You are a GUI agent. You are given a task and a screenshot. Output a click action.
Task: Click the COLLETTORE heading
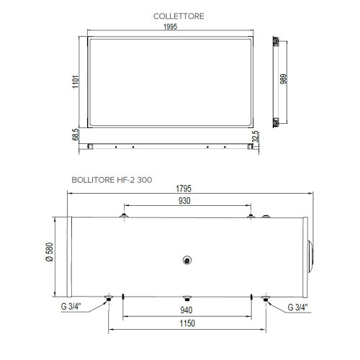(x=179, y=15)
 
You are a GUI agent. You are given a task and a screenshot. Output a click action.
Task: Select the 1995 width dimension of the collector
(x=170, y=27)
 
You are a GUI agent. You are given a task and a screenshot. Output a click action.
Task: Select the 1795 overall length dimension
(x=186, y=191)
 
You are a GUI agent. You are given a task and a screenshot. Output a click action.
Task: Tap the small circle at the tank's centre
(x=187, y=261)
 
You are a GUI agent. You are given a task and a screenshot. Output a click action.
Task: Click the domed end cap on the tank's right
(x=310, y=256)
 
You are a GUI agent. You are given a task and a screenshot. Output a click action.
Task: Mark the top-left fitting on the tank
(x=125, y=214)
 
